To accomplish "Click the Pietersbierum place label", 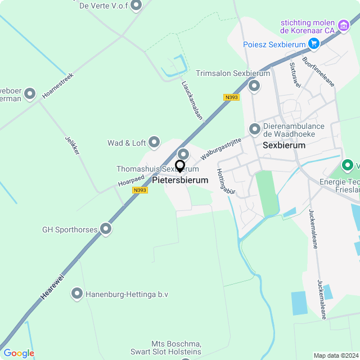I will pos(180,181).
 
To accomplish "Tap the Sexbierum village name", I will pos(284,145).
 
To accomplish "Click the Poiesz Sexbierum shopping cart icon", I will pos(314,44).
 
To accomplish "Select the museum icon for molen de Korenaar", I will pos(343,25).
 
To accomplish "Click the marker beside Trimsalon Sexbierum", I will pos(254,86).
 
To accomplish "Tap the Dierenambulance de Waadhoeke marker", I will pos(255,130).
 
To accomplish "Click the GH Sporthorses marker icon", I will pos(106,229).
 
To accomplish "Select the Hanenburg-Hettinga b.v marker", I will pos(77,294).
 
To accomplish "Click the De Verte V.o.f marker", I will pos(136,6).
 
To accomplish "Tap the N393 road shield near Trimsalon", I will pos(231,97).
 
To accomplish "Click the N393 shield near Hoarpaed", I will pos(140,190).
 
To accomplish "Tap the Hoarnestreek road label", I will pos(57,85).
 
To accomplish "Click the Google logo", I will pos(19,353).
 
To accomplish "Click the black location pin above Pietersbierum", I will pos(180,166).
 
